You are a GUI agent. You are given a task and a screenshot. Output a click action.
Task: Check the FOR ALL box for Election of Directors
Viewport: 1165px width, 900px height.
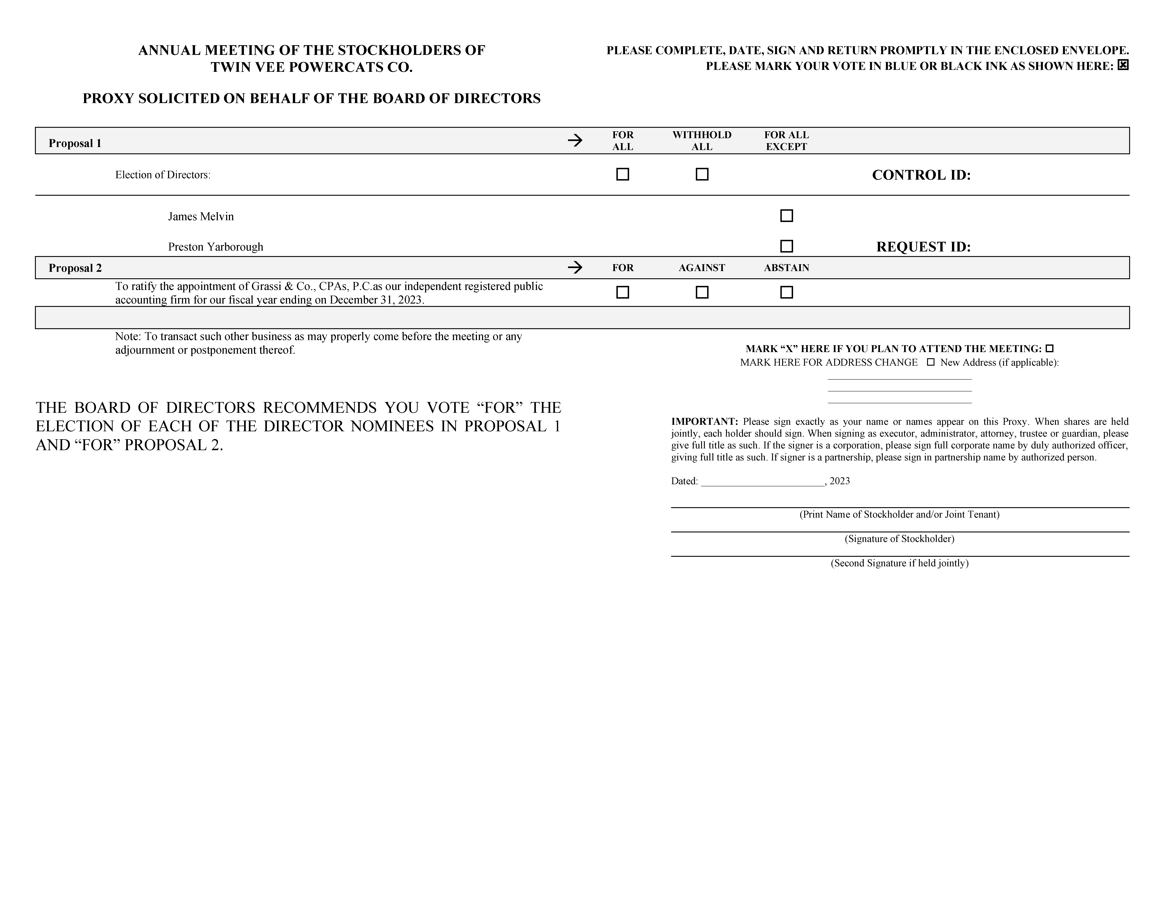(x=623, y=174)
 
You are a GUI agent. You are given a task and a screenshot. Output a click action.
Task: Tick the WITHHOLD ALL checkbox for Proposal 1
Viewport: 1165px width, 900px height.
(x=702, y=174)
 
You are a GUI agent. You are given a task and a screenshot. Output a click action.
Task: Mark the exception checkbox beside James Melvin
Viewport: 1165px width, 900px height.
(x=786, y=215)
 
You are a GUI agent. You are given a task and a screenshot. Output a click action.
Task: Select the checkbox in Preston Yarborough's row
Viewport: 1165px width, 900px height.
(x=786, y=246)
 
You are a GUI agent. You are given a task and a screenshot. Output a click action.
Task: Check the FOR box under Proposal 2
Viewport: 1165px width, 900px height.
(x=623, y=292)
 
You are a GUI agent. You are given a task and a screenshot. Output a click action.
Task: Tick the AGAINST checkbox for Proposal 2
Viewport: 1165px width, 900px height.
(x=702, y=292)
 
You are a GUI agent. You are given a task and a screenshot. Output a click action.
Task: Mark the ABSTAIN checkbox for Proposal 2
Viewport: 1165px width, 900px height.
(x=786, y=292)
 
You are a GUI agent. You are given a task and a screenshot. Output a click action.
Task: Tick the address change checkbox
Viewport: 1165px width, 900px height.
(x=931, y=362)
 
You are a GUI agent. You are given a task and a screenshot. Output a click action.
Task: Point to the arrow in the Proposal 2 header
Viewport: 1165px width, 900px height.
(x=575, y=267)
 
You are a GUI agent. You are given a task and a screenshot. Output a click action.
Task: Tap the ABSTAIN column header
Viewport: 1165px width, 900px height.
(x=786, y=268)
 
